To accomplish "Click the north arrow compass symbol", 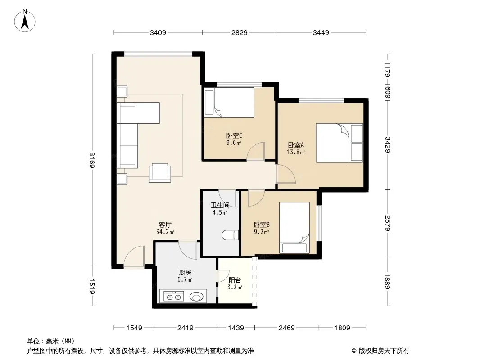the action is (x=25, y=21).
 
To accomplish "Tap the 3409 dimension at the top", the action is (x=158, y=32).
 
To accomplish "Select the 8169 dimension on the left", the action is (x=92, y=160).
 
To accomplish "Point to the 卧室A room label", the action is (x=296, y=145).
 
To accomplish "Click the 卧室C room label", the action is (x=234, y=135).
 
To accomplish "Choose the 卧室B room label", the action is (x=262, y=225).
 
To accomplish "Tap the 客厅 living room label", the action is (x=165, y=225).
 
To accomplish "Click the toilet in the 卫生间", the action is (x=230, y=235).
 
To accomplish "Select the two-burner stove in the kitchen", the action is (x=173, y=297).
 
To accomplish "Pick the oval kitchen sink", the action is (x=196, y=297).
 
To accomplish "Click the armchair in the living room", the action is (x=160, y=173).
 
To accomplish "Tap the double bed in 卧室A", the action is (x=339, y=143).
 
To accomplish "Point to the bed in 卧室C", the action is (x=229, y=103).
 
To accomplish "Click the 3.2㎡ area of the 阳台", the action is (x=235, y=288).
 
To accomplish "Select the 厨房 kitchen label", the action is (x=185, y=272).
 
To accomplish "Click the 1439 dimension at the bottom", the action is (x=236, y=328).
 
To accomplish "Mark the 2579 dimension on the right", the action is (x=388, y=223).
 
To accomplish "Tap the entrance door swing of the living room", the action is (x=134, y=256).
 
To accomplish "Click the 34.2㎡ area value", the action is (x=165, y=232).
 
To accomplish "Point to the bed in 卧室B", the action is (x=294, y=228).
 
